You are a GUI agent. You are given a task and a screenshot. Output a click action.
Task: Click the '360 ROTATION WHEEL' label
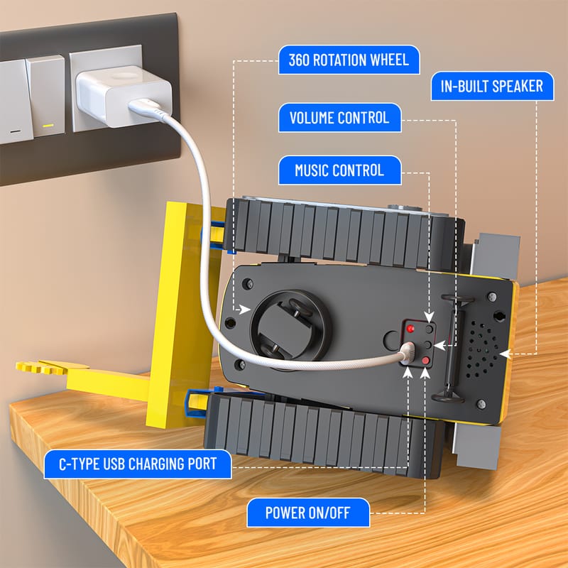pyautogui.click(x=349, y=60)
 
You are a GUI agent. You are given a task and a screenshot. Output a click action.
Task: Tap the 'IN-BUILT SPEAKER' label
pyautogui.click(x=492, y=86)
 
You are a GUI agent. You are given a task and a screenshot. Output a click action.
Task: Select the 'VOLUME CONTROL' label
pyautogui.click(x=340, y=118)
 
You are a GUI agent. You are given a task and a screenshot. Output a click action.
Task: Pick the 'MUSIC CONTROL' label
pyautogui.click(x=340, y=170)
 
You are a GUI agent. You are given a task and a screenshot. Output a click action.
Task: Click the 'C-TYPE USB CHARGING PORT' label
pyautogui.click(x=138, y=464)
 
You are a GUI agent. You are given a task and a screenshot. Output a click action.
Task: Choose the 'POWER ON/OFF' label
pyautogui.click(x=308, y=513)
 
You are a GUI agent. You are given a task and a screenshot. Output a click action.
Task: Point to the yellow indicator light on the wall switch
pyautogui.click(x=48, y=126)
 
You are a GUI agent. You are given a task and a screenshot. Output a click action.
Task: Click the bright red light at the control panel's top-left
pyautogui.click(x=410, y=329)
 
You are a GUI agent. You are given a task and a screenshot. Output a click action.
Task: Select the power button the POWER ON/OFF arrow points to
pyautogui.click(x=425, y=361)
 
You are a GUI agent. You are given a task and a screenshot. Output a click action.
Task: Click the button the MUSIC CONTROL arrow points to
pyautogui.click(x=430, y=329)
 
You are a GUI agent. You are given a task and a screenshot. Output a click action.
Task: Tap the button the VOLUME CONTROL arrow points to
pyautogui.click(x=428, y=344)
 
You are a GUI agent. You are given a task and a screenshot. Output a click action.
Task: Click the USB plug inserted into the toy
pyautogui.click(x=407, y=352)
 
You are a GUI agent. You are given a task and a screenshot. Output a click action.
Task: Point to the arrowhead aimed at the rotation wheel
pyautogui.click(x=245, y=310)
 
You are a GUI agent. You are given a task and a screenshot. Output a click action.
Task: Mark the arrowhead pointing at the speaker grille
pyautogui.click(x=506, y=354)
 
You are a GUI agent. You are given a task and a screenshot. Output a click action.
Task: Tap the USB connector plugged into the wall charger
pyautogui.click(x=145, y=107)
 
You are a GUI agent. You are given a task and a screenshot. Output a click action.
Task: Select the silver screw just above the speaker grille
pyautogui.click(x=492, y=297)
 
